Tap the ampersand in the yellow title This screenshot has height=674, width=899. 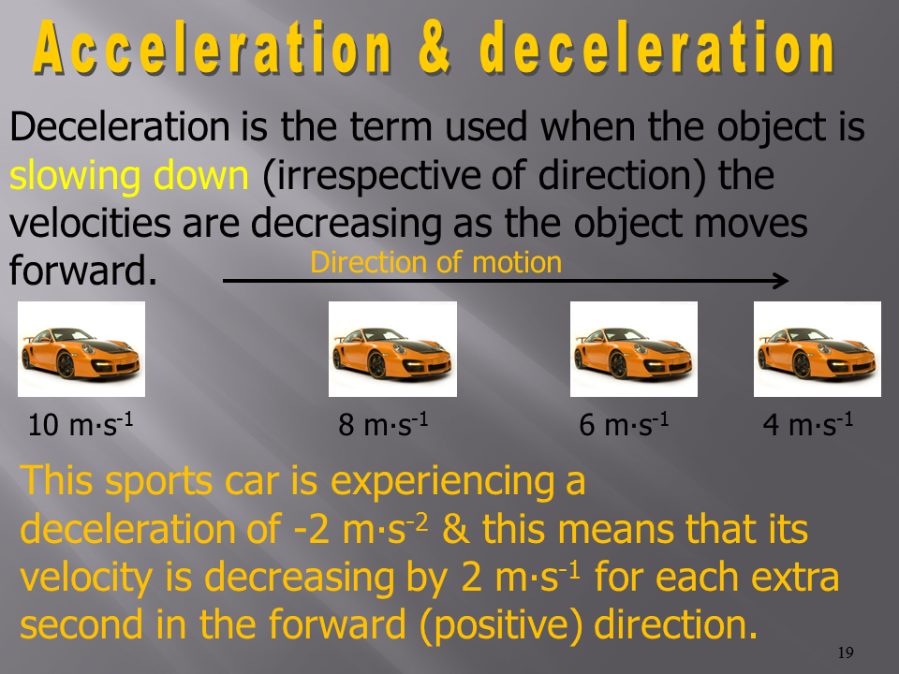tap(435, 47)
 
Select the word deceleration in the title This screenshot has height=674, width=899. tap(657, 48)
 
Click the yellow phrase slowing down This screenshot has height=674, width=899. tap(129, 175)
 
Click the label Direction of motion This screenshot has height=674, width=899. tap(435, 262)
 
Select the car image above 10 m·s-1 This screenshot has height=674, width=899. tap(81, 349)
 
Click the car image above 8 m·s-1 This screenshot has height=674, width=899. tap(392, 349)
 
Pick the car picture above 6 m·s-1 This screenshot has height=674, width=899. tap(634, 349)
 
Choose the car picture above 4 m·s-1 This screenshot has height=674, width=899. tap(817, 349)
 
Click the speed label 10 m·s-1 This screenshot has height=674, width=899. tap(81, 424)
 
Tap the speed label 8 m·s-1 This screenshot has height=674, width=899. tap(383, 424)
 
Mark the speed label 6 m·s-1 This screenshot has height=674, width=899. tap(624, 424)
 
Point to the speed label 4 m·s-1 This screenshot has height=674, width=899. tap(808, 424)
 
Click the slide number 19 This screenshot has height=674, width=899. tap(846, 652)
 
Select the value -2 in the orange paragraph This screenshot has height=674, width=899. tap(311, 529)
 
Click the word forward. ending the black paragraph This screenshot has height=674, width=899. tap(83, 270)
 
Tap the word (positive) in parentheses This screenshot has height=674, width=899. tap(508, 625)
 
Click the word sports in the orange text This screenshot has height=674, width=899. tap(159, 481)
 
